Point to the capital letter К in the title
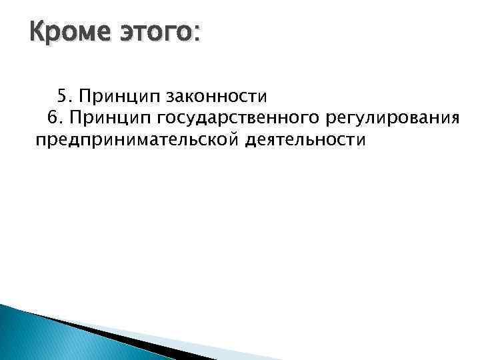(37, 31)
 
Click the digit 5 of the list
(61, 95)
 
